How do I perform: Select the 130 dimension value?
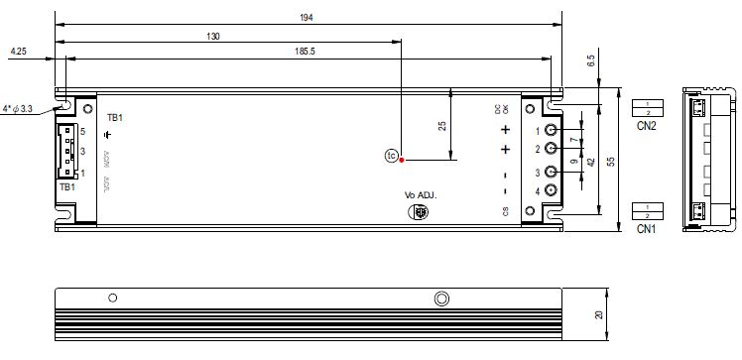[212, 37]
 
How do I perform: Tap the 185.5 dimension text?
[305, 51]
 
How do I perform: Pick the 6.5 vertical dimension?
[591, 62]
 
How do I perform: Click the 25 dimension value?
[441, 126]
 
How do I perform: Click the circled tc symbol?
[391, 156]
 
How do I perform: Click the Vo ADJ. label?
[421, 195]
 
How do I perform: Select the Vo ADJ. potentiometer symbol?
[420, 211]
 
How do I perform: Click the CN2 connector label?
[647, 125]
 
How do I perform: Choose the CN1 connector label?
[647, 228]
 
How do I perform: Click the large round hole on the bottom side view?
[441, 299]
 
